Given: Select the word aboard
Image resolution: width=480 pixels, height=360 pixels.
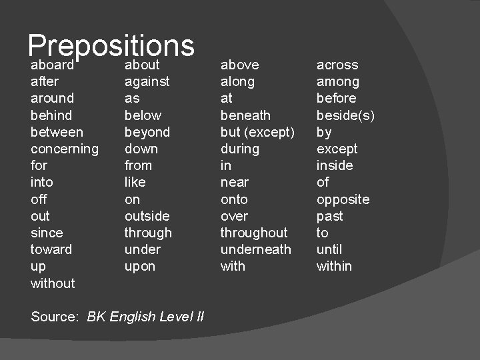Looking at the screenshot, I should click(x=52, y=65).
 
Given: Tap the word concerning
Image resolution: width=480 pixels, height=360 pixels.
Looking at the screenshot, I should click(x=65, y=149).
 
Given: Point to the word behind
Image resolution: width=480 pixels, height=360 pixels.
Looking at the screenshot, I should click(x=51, y=115).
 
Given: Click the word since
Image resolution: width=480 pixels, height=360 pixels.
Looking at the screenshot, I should click(x=47, y=233).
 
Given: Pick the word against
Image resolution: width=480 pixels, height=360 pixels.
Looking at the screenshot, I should click(x=147, y=82).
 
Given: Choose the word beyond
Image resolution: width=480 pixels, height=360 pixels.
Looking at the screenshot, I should click(x=147, y=132).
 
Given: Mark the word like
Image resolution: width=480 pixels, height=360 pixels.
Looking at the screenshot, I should click(x=135, y=182).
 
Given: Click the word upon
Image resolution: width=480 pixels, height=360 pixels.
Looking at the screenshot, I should click(x=140, y=266).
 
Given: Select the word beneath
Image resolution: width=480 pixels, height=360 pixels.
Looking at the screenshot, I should click(x=245, y=115).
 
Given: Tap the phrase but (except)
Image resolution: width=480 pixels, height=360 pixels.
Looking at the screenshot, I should click(x=257, y=132).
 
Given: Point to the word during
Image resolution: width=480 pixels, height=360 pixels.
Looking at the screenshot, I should click(x=239, y=149).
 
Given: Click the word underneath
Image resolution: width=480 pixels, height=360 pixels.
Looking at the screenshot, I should click(x=256, y=249).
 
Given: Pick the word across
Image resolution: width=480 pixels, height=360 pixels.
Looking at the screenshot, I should click(x=337, y=65).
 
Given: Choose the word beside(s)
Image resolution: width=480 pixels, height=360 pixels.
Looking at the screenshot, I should click(x=345, y=115).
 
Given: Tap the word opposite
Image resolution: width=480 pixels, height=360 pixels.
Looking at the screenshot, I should click(x=343, y=199).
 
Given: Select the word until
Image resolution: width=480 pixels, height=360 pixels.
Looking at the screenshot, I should click(x=329, y=249).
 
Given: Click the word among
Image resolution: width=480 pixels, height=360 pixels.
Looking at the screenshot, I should click(x=338, y=82).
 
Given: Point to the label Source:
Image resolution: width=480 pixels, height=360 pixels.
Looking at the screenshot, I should click(x=55, y=317).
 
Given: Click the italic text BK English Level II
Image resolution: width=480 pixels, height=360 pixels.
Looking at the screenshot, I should click(x=145, y=317).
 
